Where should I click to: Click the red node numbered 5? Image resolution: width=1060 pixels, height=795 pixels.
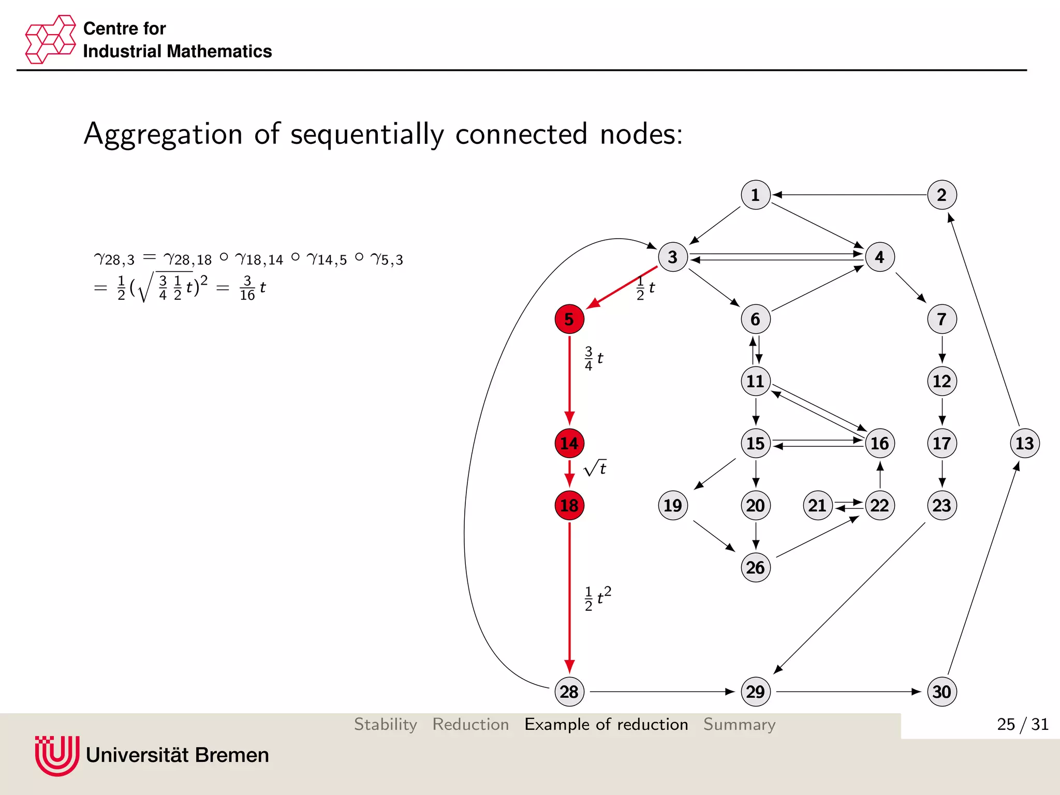[x=569, y=319]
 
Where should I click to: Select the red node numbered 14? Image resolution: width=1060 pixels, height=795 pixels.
[x=569, y=444]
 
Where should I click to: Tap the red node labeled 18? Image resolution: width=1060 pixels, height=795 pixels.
[x=569, y=506]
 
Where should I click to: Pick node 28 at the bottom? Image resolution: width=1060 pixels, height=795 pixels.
[x=569, y=692]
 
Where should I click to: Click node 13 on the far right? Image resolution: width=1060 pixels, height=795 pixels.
[x=1025, y=444]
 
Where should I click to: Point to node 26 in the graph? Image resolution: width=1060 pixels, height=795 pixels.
[x=756, y=568]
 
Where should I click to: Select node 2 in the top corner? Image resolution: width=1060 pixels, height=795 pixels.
[x=942, y=195]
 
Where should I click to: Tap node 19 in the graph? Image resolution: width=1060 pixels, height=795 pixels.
[x=673, y=506]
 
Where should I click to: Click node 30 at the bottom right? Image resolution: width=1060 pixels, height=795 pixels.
[x=942, y=692]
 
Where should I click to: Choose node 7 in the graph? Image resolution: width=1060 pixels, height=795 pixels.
[x=942, y=319]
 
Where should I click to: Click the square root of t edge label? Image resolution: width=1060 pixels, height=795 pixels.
[x=595, y=468]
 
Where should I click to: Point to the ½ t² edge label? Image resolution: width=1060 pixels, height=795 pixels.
[x=598, y=599]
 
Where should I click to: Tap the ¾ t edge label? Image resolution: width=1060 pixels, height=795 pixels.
[x=594, y=359]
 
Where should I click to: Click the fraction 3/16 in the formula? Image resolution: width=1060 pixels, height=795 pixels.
[x=247, y=288]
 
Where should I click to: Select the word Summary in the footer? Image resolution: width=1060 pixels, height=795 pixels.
[x=739, y=725]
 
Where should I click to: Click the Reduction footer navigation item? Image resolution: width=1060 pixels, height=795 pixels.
[x=470, y=725]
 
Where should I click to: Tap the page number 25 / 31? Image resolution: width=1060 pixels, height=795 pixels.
[x=1022, y=725]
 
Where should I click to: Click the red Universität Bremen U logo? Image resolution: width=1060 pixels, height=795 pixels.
[x=57, y=756]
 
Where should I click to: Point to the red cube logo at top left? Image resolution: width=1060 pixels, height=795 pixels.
[x=50, y=39]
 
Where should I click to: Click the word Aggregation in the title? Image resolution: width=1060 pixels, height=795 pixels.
[x=163, y=134]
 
